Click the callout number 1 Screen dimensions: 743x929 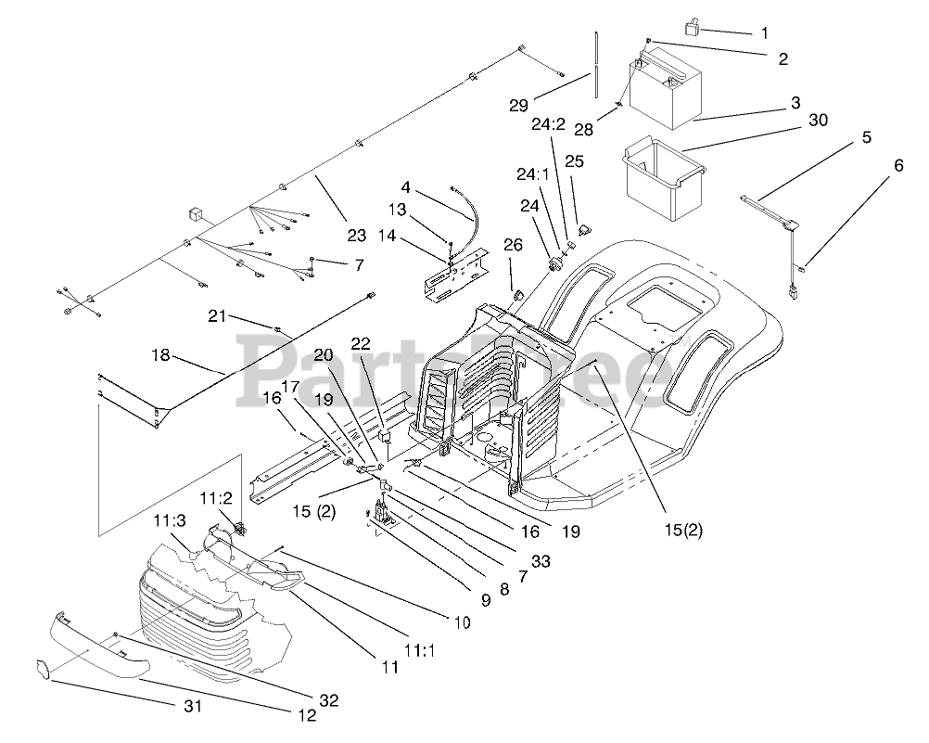(x=765, y=33)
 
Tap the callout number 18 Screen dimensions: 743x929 (x=161, y=355)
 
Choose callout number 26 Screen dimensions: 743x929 (x=513, y=245)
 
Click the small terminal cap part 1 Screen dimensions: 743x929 (x=691, y=28)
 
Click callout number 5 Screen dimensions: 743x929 (x=866, y=137)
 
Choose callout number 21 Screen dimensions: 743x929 (x=217, y=317)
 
